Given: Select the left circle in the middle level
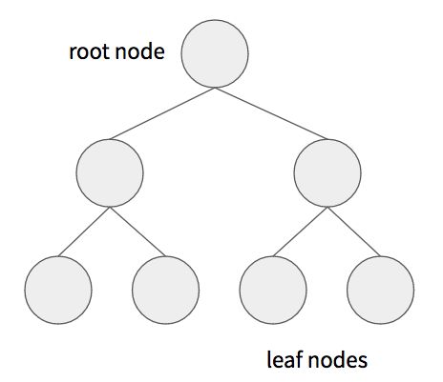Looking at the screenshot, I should [110, 171].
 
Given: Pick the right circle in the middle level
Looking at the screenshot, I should [327, 171].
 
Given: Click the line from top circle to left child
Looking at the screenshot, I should [163, 111].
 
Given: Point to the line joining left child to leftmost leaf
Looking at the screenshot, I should [82, 231].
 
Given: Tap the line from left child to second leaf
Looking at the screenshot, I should [138, 231].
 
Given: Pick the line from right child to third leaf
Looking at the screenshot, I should [299, 231].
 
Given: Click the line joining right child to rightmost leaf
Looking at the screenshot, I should [354, 231].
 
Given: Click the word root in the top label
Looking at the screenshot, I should [87, 51].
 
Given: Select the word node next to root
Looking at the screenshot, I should [141, 51].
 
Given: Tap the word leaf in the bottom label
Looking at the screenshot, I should [285, 360].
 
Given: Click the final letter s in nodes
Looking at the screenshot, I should [363, 362].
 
